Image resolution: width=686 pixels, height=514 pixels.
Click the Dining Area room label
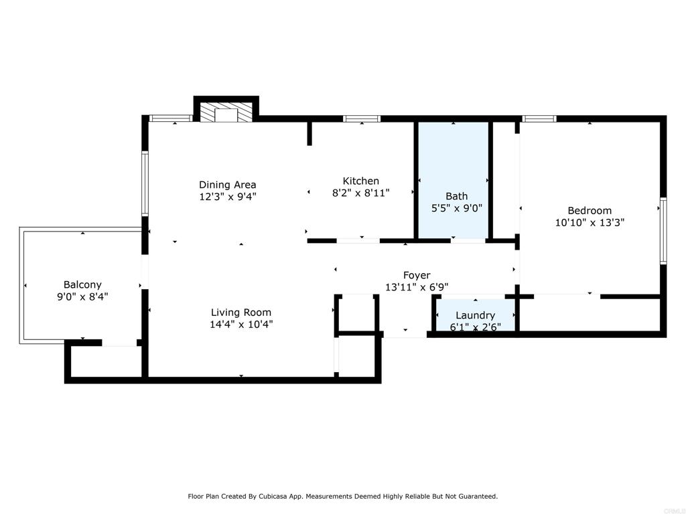pos(227,185)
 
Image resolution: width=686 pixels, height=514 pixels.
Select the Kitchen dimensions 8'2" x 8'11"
pos(360,193)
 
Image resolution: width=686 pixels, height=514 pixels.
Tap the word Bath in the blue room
pos(456,196)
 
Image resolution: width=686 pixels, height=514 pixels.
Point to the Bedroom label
pos(590,210)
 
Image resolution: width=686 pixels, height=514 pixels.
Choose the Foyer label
pos(416,275)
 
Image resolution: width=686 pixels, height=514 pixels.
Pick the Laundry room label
pos(475,315)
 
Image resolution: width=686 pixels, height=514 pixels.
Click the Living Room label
pos(241,312)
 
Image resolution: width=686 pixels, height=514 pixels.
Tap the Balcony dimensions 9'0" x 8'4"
pos(82,296)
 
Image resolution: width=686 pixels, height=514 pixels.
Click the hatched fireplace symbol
pos(226,112)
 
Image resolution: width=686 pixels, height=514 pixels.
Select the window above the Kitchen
pos(362,118)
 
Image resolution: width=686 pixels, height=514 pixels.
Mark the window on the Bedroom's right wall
pos(663,230)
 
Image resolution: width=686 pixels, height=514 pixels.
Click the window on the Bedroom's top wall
pos(539,118)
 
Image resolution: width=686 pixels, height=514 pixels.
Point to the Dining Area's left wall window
pos(145,183)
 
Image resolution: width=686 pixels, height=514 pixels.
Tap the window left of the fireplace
pos(171,118)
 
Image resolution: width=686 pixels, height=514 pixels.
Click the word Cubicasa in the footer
pos(287,497)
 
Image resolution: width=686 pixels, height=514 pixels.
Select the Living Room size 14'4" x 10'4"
pos(241,325)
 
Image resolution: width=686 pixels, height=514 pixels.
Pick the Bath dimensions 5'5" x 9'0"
pos(456,208)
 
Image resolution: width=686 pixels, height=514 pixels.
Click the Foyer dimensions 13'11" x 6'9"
pos(416,287)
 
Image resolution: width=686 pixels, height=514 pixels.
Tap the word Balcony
pos(82,284)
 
